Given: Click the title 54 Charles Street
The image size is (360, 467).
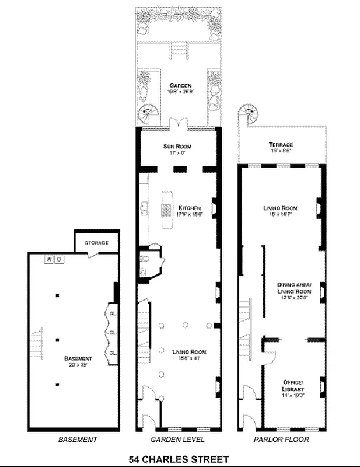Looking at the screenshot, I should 180,459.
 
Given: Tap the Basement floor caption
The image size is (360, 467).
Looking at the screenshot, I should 77,439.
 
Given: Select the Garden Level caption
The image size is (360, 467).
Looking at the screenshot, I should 177,439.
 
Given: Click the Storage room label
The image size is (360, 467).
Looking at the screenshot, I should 96,242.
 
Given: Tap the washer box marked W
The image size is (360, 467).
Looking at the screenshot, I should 50,259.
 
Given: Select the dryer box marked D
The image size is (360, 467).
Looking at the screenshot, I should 60,259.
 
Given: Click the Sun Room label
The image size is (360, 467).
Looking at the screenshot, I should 177,146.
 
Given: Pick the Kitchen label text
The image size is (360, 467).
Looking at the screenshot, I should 190,208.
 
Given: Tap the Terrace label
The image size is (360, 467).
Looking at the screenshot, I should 281,144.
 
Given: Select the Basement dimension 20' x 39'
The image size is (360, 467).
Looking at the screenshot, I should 78,365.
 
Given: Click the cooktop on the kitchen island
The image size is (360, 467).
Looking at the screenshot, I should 166,208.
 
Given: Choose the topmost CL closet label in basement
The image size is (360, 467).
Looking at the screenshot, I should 112,312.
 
